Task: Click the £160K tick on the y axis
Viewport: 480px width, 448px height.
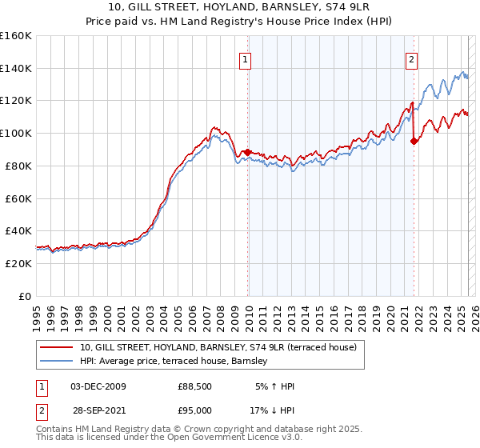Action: pos(16,36)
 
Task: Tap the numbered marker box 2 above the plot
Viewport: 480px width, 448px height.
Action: pos(411,58)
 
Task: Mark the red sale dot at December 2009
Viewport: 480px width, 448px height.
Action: pos(248,151)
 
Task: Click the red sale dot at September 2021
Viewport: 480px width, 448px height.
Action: pos(414,141)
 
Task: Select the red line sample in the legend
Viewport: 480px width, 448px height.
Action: pos(57,347)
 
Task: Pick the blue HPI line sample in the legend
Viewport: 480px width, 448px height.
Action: pos(57,362)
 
